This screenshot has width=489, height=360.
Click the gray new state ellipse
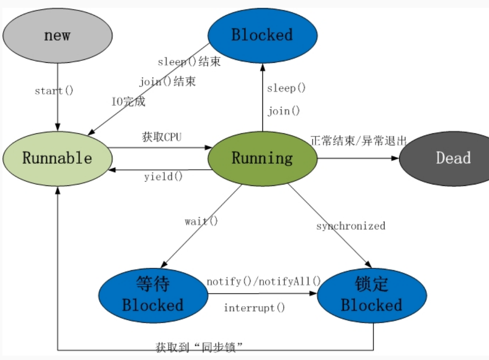[57, 35]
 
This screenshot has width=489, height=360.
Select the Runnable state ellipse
[57, 158]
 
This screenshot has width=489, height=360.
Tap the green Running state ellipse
[262, 158]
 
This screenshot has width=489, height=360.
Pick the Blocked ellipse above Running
[262, 35]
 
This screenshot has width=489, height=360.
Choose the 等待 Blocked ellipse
[153, 295]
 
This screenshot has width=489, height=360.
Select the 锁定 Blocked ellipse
[371, 295]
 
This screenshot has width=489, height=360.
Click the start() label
[54, 91]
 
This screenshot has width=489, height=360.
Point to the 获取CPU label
[161, 137]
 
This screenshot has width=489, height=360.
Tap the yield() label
[163, 177]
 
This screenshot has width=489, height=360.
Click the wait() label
[201, 221]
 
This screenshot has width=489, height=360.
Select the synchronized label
[351, 226]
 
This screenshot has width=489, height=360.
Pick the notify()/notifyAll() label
[263, 282]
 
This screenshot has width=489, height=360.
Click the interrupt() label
[254, 308]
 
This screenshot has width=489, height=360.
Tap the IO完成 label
[128, 102]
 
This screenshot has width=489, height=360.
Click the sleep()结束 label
[189, 62]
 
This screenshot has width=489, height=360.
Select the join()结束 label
[167, 81]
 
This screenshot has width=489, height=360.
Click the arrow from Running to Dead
[358, 158]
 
